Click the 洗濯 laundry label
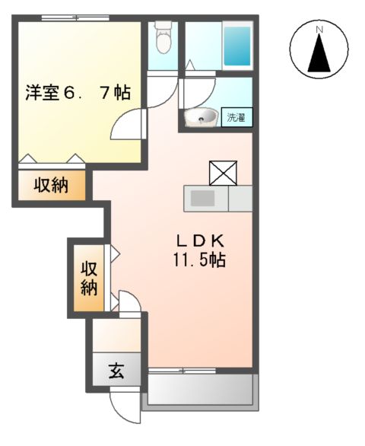(x=238, y=117)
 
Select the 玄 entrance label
(x=116, y=372)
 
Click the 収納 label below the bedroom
(x=51, y=186)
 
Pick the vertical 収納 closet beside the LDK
(x=89, y=278)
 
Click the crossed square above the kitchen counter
(x=223, y=174)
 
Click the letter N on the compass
(x=319, y=30)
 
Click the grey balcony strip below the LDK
(x=200, y=391)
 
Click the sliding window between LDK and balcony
(x=182, y=371)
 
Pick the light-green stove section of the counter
(x=240, y=199)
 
